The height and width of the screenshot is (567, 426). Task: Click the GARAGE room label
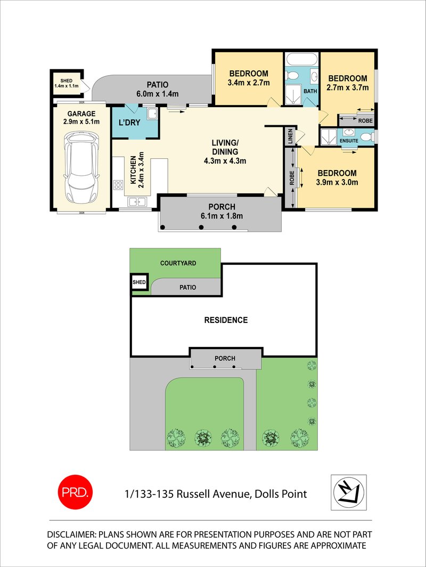pos(81,114)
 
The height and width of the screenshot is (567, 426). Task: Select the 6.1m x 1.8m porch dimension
pos(220,216)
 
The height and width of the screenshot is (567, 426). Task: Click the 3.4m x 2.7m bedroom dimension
pos(248,83)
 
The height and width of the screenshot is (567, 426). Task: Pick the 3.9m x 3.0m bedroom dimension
pos(337,182)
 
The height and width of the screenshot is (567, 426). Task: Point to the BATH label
pos(310,92)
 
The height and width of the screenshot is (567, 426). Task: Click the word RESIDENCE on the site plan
pos(226,320)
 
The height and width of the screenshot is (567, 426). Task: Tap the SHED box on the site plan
pos(140,282)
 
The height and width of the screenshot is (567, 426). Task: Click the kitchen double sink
pos(137,201)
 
